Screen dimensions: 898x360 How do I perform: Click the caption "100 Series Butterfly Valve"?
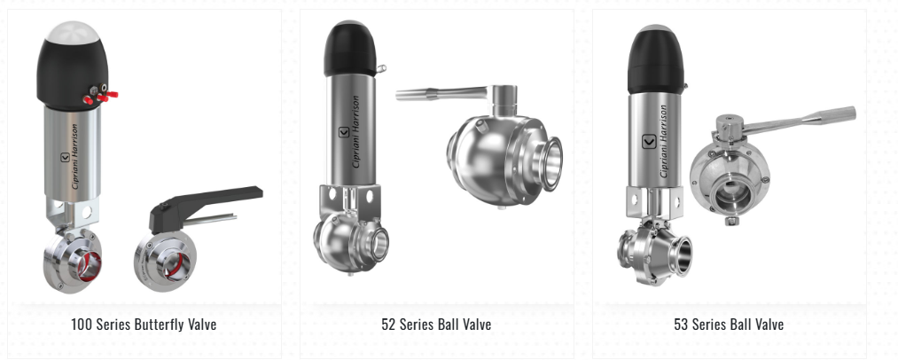[144, 324]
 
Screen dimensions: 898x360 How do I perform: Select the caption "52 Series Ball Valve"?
[436, 324]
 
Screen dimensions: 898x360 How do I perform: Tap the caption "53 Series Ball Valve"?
[729, 324]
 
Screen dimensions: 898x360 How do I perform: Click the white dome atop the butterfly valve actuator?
[72, 32]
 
